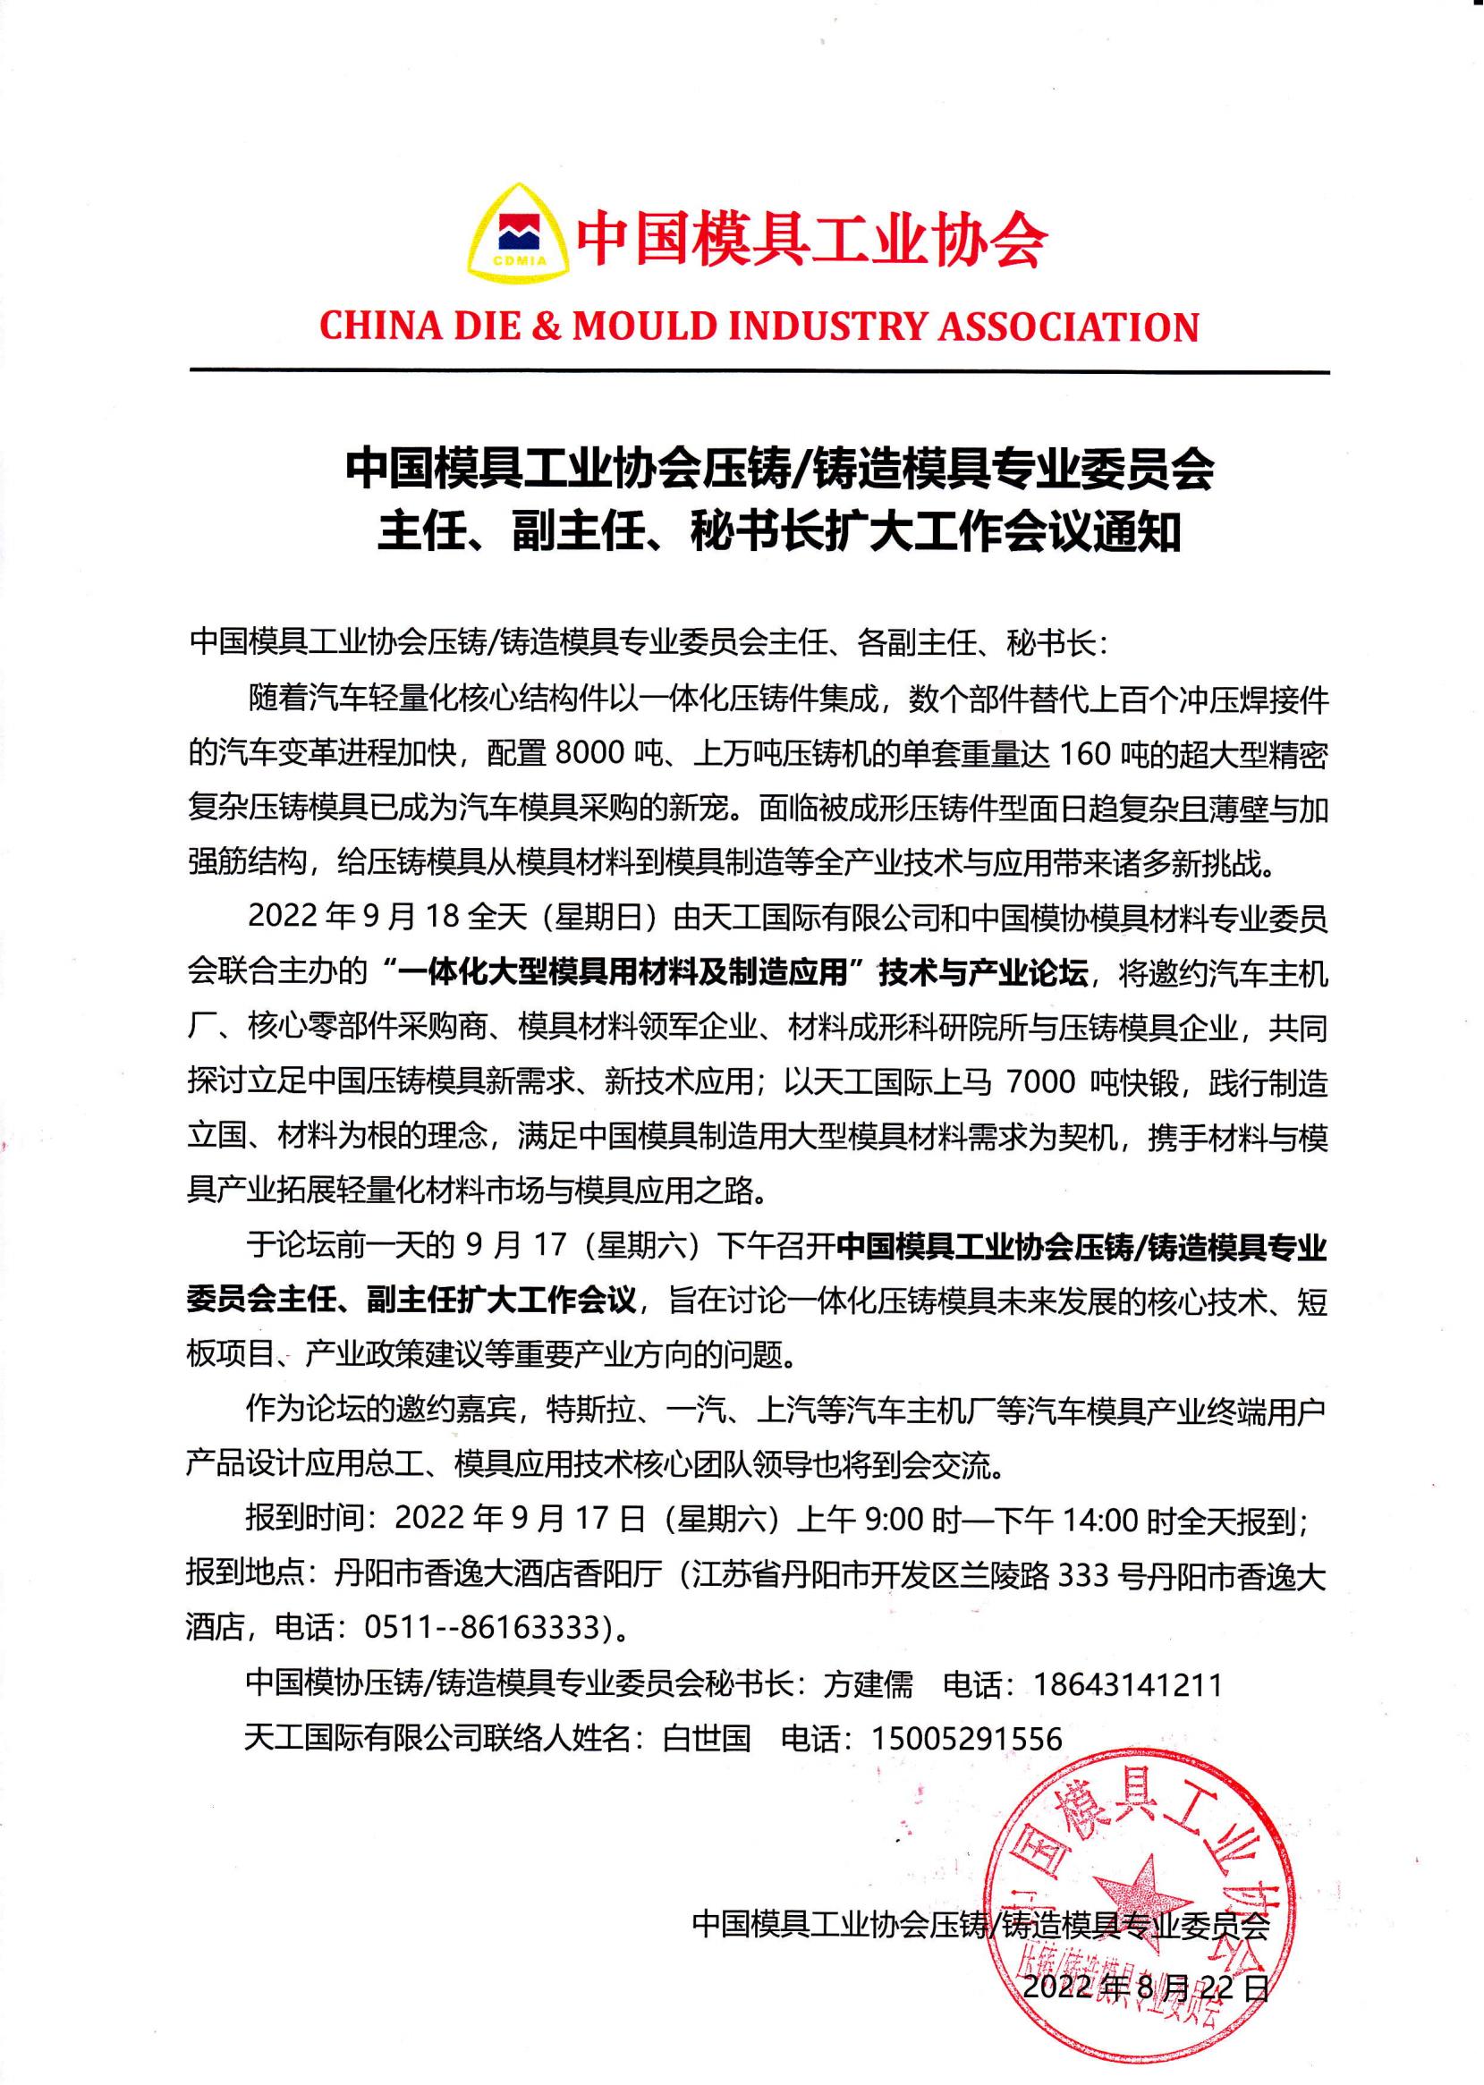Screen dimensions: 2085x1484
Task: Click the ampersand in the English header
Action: [547, 326]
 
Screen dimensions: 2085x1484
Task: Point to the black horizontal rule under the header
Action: [759, 371]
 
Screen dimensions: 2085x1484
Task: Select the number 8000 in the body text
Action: [574, 755]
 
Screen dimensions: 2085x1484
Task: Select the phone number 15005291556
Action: [967, 1738]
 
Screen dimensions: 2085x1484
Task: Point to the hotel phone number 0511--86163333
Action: [487, 1627]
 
